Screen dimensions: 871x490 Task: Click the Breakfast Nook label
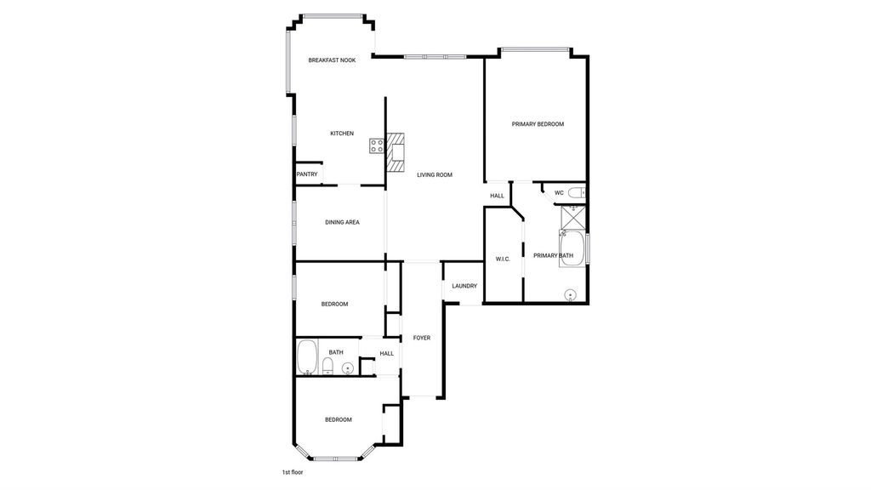click(x=332, y=60)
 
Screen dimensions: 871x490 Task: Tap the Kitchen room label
click(x=342, y=134)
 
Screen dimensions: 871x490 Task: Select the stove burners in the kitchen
click(x=377, y=146)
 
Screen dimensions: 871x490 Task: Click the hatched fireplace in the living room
click(x=396, y=151)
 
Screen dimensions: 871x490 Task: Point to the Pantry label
click(x=306, y=174)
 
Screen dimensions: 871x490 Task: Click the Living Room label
click(x=435, y=175)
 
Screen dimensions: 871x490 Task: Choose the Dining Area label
click(x=342, y=222)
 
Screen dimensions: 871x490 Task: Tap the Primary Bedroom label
click(x=538, y=124)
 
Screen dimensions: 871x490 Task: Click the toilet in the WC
click(x=578, y=193)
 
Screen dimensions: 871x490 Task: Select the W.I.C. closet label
click(x=503, y=259)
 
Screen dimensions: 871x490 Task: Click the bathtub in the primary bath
click(x=572, y=248)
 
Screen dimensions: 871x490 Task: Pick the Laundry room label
click(x=464, y=286)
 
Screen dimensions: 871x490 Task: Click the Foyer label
click(x=422, y=338)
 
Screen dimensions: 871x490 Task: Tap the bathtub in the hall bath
click(x=307, y=357)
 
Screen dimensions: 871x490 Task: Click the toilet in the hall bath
click(x=327, y=366)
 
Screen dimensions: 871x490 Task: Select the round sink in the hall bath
click(x=348, y=367)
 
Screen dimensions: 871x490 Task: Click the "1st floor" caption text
click(x=293, y=472)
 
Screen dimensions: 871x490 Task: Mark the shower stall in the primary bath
click(x=572, y=217)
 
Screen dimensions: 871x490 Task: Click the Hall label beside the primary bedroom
click(x=497, y=196)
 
